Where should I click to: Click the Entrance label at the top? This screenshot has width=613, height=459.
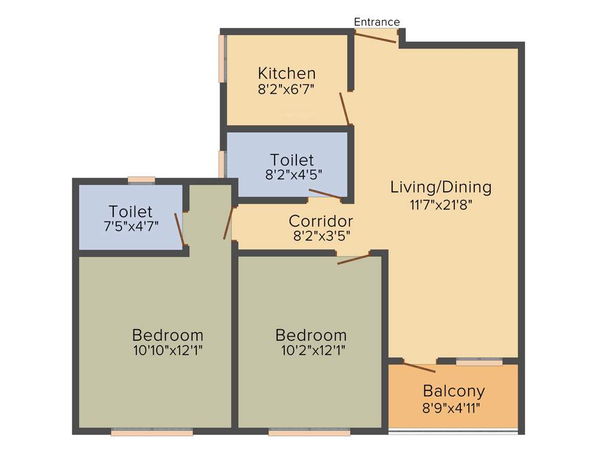point(377,22)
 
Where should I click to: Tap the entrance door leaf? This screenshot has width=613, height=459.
point(375,37)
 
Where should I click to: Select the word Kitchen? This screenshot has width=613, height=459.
point(286,74)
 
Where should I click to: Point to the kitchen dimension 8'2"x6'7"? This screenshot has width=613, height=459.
point(286,89)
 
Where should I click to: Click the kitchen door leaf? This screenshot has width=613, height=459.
point(344,109)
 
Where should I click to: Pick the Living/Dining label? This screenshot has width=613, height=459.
point(441,187)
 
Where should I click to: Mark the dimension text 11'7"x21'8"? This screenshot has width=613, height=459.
point(441,204)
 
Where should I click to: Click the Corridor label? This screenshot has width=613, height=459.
point(320,221)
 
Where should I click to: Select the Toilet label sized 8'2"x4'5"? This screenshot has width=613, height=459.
point(292,160)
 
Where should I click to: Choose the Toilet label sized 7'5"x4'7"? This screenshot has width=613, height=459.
point(131,212)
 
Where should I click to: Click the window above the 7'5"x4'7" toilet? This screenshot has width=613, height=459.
point(141,179)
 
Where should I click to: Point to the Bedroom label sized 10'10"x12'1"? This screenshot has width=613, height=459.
point(168,335)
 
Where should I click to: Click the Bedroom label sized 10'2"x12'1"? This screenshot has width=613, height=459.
point(311,335)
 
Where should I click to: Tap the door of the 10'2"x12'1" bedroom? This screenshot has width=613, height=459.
point(354,259)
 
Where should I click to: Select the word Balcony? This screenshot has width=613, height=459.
point(453,391)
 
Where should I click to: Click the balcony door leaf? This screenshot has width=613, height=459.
point(419,367)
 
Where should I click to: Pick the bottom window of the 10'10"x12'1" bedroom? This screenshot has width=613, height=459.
point(152,432)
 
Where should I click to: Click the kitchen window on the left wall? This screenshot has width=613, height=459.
point(222,58)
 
